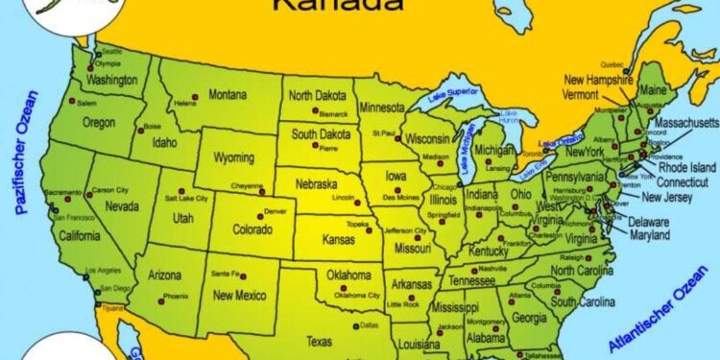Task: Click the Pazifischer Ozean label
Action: point(27,152)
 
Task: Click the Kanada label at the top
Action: point(323,6)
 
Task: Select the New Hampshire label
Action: point(600,80)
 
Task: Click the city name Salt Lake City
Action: point(184,198)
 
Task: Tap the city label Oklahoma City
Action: point(356,295)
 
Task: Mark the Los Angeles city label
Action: point(103,271)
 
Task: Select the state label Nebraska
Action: point(316,182)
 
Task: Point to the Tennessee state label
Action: point(472,281)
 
